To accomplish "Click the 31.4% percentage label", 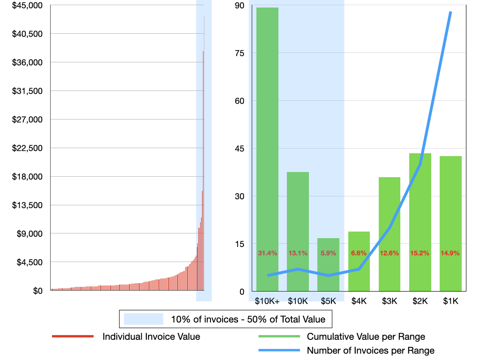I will tap(268, 253).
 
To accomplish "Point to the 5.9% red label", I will tap(328, 253).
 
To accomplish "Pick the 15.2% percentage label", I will tap(420, 253).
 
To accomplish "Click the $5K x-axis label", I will tap(328, 301).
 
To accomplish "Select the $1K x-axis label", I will tap(450, 301).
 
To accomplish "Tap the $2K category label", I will tap(420, 301).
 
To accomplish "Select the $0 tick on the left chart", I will tap(37, 291).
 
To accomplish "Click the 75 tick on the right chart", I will tap(240, 53).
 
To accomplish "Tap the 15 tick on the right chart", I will tap(240, 244).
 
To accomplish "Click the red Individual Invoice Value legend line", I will tap(73, 337).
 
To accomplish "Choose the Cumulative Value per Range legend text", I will tap(366, 337).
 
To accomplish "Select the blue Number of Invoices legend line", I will tap(278, 350).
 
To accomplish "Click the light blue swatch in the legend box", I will tap(143, 320).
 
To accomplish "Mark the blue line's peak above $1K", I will tap(450, 12).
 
